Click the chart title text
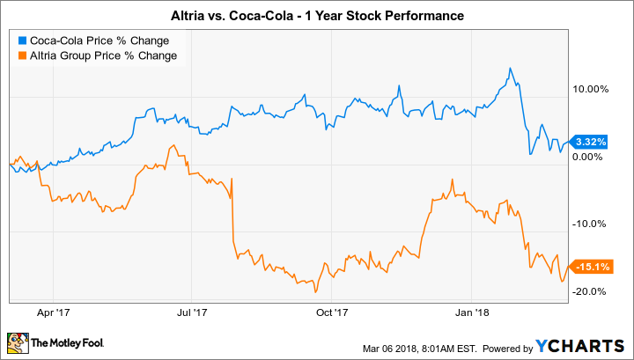[317, 16]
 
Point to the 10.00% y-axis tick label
[591, 89]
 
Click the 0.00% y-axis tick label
[591, 157]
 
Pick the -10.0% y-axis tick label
[591, 224]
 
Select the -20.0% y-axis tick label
[591, 291]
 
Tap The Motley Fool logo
[58, 342]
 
